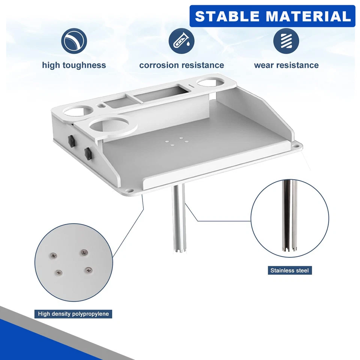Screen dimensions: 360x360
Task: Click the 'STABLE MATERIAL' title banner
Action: point(272,16)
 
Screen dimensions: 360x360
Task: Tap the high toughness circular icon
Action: point(74,41)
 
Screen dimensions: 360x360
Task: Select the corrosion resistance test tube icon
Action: point(181,41)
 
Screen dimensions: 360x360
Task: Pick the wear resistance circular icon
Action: point(286,41)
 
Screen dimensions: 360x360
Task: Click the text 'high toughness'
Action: point(74,65)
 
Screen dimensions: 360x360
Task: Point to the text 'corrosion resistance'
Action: point(181,65)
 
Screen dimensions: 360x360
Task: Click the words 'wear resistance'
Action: point(286,65)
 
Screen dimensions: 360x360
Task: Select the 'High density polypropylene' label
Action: point(73,313)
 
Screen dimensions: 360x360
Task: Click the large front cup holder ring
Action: point(107,126)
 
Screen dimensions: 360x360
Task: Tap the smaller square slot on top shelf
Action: point(115,101)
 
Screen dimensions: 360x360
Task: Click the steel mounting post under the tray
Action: point(178,217)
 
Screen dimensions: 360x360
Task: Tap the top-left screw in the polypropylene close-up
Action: point(54,255)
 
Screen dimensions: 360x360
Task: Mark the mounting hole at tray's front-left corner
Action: point(132,190)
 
